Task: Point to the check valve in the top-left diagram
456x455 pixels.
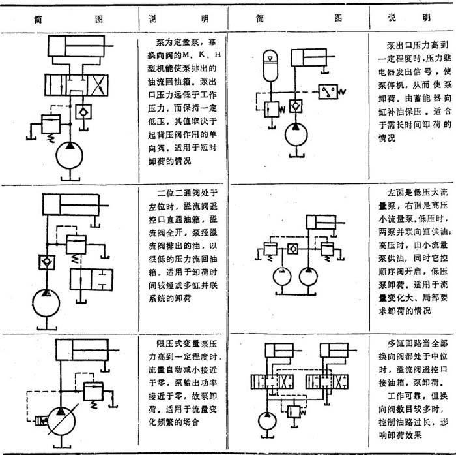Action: (98, 112)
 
